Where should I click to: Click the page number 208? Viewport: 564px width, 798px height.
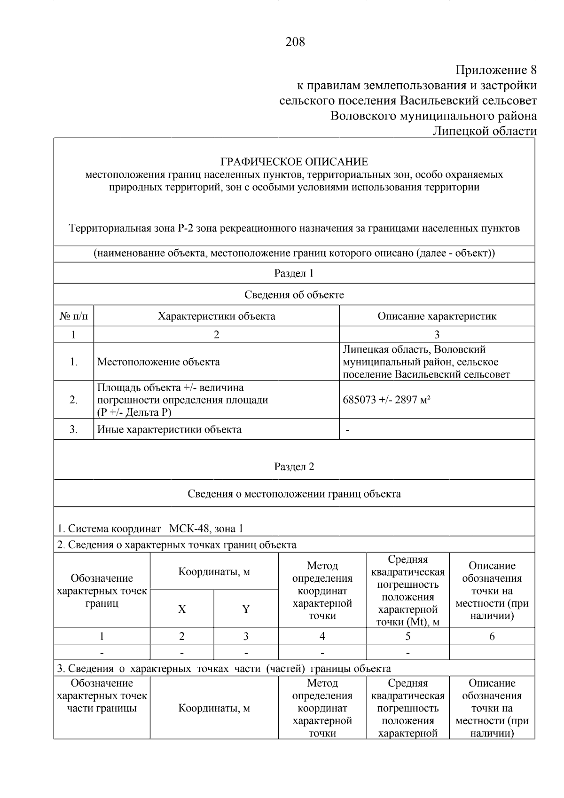tap(295, 42)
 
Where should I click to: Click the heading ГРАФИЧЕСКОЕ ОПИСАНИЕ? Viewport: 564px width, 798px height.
tap(294, 162)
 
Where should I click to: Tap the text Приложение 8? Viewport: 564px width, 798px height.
tap(496, 71)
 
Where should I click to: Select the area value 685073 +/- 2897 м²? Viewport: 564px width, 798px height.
tap(387, 400)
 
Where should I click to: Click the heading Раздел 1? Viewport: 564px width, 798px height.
tap(294, 273)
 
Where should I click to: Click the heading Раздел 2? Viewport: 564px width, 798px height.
tap(294, 466)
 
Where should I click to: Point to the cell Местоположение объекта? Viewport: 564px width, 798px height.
tap(158, 362)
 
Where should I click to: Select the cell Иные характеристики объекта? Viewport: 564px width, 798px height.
tap(169, 429)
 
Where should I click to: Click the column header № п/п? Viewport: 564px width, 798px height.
tap(73, 316)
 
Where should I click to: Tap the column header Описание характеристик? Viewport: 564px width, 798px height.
tap(437, 316)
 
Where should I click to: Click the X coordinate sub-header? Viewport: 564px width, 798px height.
tap(182, 609)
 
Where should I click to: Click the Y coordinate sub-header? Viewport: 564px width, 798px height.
tap(246, 609)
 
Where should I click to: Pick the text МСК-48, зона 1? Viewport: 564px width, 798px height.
tap(206, 529)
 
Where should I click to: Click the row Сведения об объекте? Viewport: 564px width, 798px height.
tap(294, 295)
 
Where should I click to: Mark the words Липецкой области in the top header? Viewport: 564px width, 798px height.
tap(484, 131)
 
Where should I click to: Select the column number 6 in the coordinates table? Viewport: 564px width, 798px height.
tap(492, 636)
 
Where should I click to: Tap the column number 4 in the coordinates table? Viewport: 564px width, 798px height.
tap(322, 636)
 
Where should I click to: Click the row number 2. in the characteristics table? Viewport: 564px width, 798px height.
tap(73, 400)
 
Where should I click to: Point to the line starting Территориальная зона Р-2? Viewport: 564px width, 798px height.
tap(294, 229)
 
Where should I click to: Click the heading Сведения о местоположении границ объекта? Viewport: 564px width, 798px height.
tap(294, 494)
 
